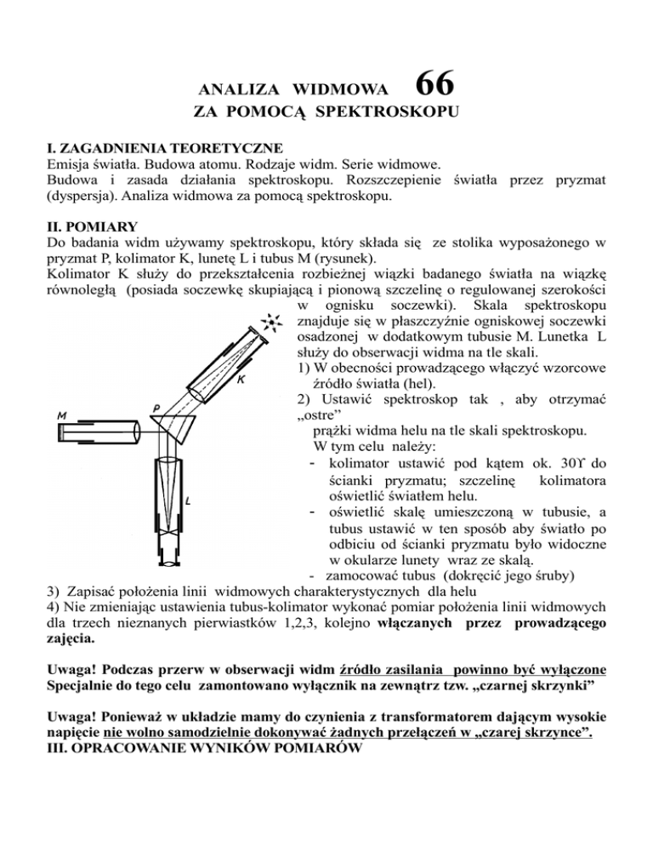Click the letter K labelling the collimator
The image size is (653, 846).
[x=241, y=380]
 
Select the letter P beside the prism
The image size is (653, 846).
[x=157, y=409]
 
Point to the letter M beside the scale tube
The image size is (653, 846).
[x=61, y=416]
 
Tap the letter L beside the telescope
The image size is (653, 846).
[x=188, y=501]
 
